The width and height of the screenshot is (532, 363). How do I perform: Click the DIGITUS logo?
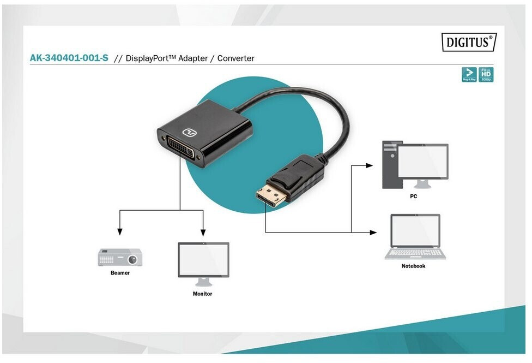click(468, 42)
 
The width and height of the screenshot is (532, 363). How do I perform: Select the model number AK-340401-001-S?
click(69, 58)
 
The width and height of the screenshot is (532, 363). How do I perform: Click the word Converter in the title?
click(235, 58)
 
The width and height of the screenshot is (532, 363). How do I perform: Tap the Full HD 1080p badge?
click(486, 75)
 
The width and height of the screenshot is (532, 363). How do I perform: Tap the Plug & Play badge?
click(469, 75)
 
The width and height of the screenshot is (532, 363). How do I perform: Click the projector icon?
click(120, 257)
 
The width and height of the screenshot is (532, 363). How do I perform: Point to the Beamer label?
click(120, 273)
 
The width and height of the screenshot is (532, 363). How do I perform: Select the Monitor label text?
click(202, 294)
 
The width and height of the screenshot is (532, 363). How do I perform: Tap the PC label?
click(413, 196)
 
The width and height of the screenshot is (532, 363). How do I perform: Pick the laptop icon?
click(415, 236)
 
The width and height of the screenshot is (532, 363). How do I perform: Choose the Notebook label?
click(413, 266)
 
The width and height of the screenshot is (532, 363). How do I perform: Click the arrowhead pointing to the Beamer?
click(120, 231)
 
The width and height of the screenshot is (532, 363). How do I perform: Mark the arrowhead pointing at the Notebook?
click(373, 233)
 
